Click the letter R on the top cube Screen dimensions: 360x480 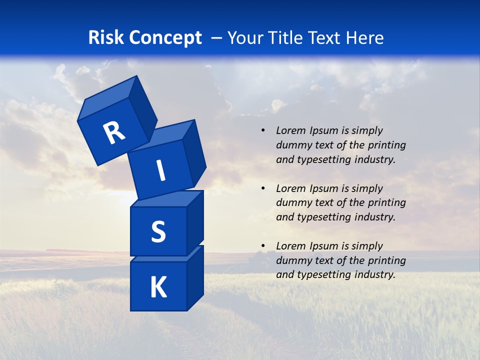[x=114, y=132]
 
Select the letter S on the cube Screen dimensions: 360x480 [x=158, y=232]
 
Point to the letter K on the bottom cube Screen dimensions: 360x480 [x=158, y=287]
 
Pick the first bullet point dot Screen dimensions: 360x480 [x=263, y=131]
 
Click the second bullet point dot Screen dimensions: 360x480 [x=263, y=188]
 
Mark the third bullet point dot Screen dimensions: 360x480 [x=263, y=246]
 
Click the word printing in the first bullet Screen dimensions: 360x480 [x=386, y=145]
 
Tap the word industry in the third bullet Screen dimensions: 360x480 [x=375, y=274]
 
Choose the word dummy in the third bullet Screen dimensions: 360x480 [x=292, y=260]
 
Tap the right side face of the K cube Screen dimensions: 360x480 [x=195, y=277]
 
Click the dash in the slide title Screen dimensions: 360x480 [x=217, y=38]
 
